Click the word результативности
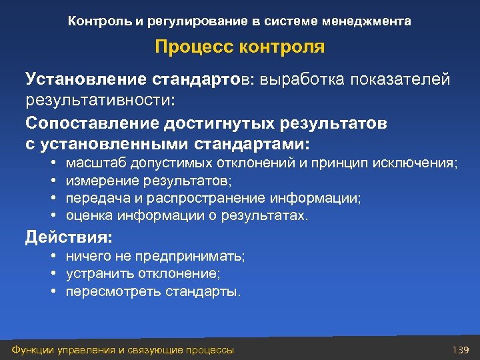pos(100,101)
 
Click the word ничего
pos(84,257)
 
